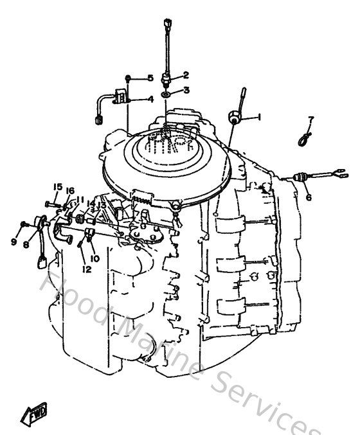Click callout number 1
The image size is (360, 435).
[x=259, y=118]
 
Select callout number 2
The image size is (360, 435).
[x=186, y=75]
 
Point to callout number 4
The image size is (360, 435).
[x=150, y=100]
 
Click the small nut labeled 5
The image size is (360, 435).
[x=129, y=78]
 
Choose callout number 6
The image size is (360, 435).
[x=309, y=198]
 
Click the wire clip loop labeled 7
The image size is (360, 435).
[x=303, y=138]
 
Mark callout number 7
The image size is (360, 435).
[x=310, y=120]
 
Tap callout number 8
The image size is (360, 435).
[x=26, y=244]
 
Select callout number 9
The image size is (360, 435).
[x=13, y=242]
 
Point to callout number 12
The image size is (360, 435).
[x=86, y=270]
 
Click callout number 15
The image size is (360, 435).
[x=57, y=187]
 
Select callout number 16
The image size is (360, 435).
[x=70, y=191]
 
